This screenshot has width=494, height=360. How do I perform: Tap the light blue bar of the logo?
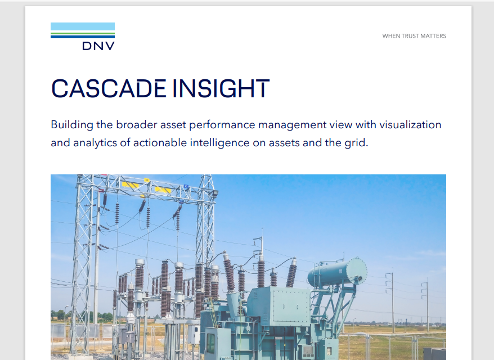click(x=83, y=26)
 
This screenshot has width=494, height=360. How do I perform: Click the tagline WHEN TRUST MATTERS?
click(x=414, y=36)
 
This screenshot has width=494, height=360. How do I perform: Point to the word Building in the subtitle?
click(x=70, y=124)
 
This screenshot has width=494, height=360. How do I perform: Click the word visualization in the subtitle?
click(x=408, y=124)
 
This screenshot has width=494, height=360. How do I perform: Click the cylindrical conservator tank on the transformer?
click(x=336, y=272)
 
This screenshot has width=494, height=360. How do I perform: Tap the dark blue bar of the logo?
click(x=83, y=37)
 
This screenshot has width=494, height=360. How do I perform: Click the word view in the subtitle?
click(x=347, y=124)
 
